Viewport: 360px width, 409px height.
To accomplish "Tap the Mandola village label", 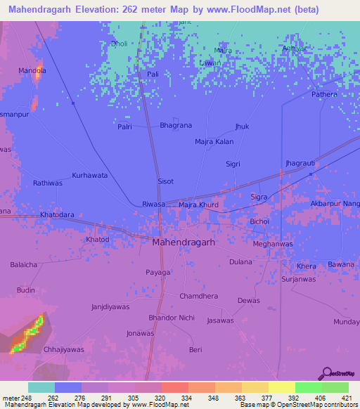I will [32, 71].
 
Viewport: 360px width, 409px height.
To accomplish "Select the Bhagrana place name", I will [176, 126].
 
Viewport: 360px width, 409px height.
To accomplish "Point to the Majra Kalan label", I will [214, 142].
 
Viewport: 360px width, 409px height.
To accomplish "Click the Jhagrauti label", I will [300, 163].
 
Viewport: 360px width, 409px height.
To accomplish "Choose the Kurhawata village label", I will [90, 175].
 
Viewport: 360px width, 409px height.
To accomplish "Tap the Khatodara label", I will [57, 214].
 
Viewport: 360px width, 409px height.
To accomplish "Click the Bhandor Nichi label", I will [171, 318].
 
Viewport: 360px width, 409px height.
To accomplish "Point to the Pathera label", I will [324, 94].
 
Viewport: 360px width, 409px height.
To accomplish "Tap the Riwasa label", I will [153, 204].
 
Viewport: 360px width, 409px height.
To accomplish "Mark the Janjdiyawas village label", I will [110, 307].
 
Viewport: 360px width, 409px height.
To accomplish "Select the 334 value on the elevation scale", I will [186, 398].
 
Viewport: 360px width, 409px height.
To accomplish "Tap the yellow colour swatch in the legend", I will [281, 387].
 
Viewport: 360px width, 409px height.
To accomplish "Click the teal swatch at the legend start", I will [41, 387].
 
